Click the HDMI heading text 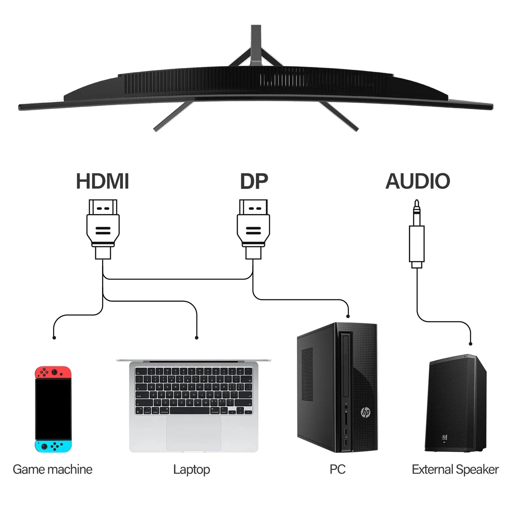102,181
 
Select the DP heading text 254,181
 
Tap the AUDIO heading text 417,181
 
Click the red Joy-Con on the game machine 53,372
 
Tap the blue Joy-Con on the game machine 53,446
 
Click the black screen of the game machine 53,409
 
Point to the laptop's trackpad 193,433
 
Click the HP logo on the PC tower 365,412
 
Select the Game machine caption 52,469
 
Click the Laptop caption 191,469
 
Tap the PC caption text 337,469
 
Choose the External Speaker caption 455,469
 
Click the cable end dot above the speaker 471,344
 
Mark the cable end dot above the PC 348,316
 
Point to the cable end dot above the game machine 54,338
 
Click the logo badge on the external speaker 445,437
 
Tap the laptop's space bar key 190,411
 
